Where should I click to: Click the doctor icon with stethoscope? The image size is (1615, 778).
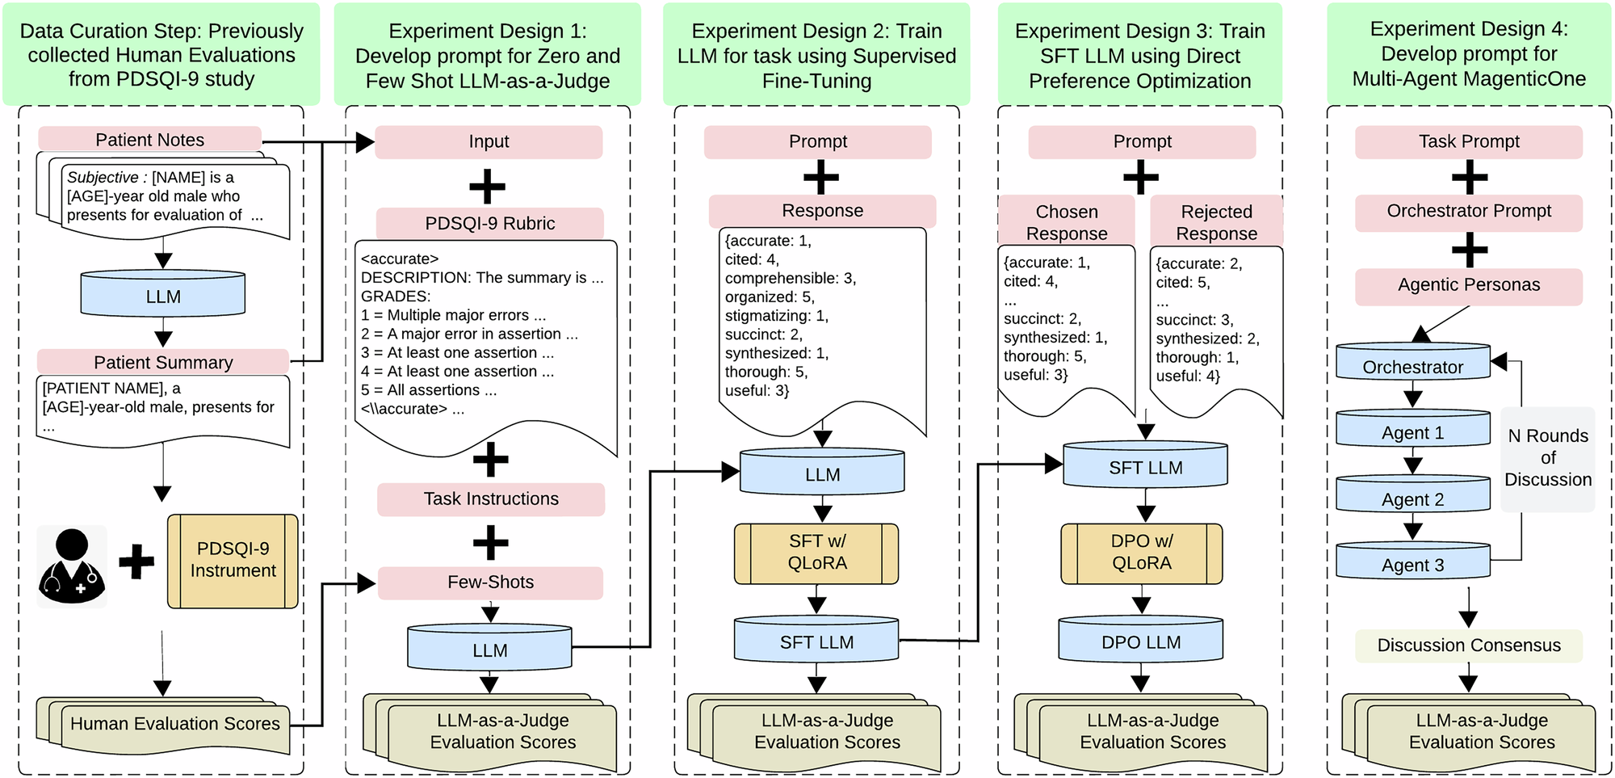72,566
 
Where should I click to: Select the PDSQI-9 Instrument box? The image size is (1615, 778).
233,561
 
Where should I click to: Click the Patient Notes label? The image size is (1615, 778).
149,139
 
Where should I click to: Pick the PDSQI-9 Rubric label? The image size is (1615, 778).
489,223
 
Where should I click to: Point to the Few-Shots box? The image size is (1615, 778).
490,582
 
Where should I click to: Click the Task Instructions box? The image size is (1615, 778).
490,498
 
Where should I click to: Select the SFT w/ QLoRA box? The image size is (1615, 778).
816,553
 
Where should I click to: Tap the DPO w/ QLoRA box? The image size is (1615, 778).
1141,553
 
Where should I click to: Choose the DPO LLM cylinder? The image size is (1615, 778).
1140,641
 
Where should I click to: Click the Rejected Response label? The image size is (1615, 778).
1216,221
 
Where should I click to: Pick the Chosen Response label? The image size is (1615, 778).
1066,221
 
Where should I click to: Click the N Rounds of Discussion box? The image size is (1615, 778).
1547,458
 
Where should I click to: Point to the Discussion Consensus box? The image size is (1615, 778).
1468,645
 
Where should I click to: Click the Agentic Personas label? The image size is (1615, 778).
1468,285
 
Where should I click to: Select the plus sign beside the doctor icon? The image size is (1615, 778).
136,562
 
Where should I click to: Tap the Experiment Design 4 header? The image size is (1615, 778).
1468,53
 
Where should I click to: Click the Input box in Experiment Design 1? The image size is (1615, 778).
489,141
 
